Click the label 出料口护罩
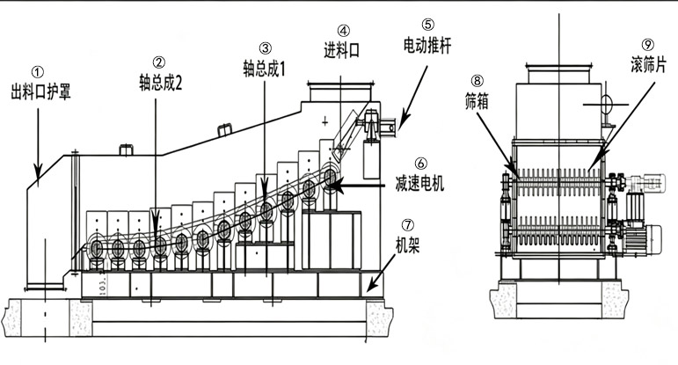click(x=40, y=92)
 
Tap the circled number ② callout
click(x=159, y=63)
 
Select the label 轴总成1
click(x=264, y=69)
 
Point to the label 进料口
click(x=342, y=50)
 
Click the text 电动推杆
click(x=427, y=45)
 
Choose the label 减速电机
click(x=419, y=184)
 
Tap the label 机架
click(x=407, y=245)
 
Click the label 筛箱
click(x=477, y=102)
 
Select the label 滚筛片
click(x=648, y=66)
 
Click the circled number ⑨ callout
click(x=648, y=45)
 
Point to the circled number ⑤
click(x=427, y=25)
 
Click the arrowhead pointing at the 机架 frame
click(x=370, y=286)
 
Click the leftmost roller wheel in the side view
click(x=97, y=249)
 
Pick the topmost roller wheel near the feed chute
click(x=330, y=177)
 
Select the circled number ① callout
click(x=38, y=72)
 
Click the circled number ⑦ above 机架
click(x=407, y=225)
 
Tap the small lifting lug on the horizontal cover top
click(x=126, y=150)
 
